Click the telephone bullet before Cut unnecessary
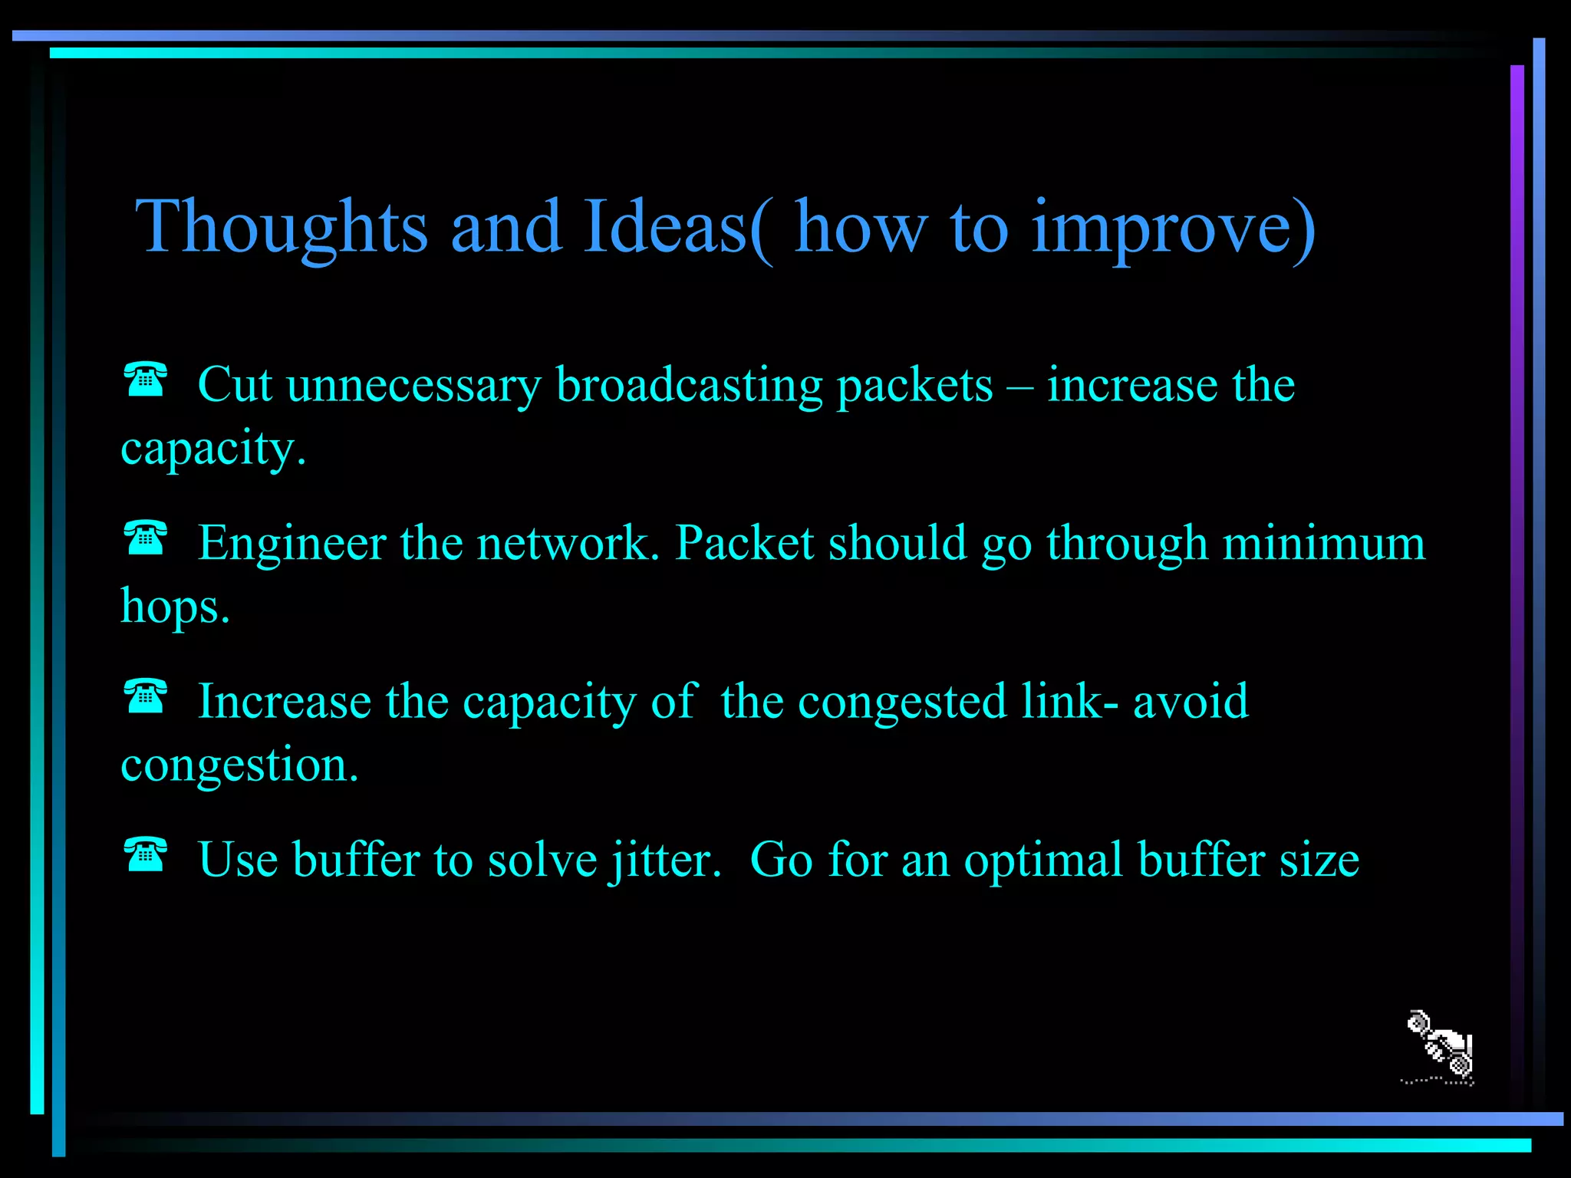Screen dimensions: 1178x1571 coord(145,379)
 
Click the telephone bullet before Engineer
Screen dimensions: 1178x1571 coord(145,538)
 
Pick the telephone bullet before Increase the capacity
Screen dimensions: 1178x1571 coord(145,696)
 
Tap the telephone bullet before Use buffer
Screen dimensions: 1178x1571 coord(145,854)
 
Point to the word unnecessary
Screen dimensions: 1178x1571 coord(413,386)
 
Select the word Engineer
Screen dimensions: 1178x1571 coord(291,545)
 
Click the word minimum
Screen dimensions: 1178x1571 coord(1324,543)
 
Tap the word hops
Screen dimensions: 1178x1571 coord(175,607)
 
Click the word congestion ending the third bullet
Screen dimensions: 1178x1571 coord(239,766)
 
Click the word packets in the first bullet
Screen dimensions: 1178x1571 coord(914,385)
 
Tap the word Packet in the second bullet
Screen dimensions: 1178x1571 coord(743,543)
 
